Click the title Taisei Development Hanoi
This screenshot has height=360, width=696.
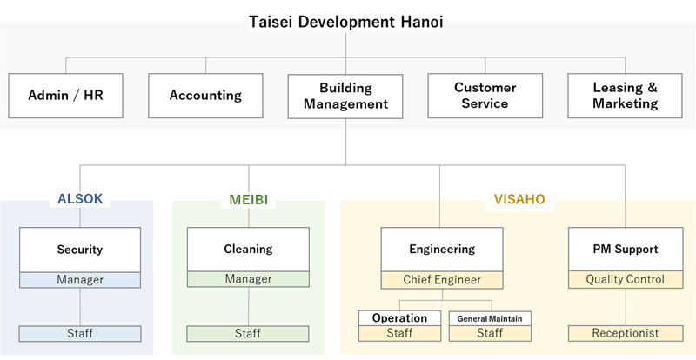click(345, 22)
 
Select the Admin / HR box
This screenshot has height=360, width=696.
click(66, 96)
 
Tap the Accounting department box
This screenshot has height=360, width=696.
click(205, 96)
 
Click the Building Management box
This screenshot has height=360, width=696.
click(345, 96)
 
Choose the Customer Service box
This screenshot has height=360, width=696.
click(485, 96)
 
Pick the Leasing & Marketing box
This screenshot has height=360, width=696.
click(625, 96)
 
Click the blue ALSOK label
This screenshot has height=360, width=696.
click(80, 199)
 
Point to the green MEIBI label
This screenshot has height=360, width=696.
click(249, 200)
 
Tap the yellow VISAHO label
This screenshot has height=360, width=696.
click(519, 199)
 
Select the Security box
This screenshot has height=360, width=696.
click(80, 250)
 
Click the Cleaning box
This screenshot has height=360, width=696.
click(248, 249)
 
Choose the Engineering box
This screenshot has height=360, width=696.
click(442, 250)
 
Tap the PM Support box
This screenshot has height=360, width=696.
click(626, 250)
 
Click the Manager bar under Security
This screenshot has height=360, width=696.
click(80, 280)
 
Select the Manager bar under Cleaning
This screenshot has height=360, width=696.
click(248, 279)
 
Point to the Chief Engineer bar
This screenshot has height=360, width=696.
click(442, 280)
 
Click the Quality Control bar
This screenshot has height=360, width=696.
click(626, 280)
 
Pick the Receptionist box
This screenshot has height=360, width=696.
click(626, 333)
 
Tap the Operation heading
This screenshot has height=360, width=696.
click(400, 318)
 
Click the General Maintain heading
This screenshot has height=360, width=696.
click(490, 319)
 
